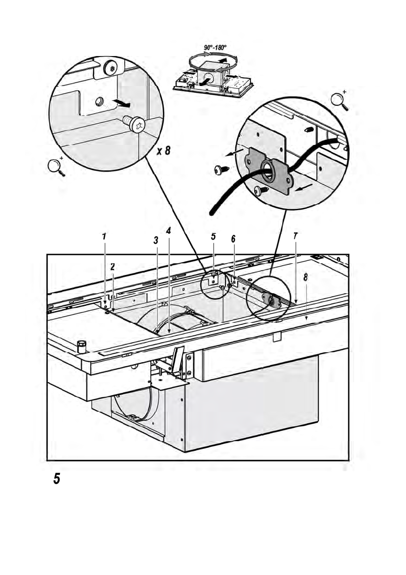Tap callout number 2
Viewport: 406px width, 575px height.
coord(113,266)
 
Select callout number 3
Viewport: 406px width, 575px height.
coord(156,240)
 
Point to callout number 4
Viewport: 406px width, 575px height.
coord(168,231)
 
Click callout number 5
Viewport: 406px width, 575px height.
coord(213,237)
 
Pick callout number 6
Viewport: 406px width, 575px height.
coord(233,239)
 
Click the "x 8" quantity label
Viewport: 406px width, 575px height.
coord(163,151)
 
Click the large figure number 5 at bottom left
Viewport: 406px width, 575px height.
coord(57,478)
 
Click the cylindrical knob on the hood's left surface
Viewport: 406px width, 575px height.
coord(81,345)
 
